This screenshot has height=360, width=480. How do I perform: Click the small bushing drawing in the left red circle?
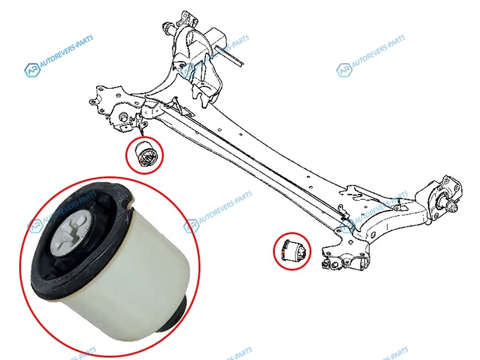pos(145,154)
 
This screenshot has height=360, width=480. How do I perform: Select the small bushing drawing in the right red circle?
pos(292,250)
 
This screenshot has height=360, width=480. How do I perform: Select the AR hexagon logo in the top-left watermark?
pos(32,70)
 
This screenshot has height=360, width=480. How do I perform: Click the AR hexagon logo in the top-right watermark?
pos(344,70)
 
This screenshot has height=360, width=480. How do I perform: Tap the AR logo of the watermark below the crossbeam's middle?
pos(191,226)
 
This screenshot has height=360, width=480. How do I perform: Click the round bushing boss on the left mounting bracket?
pos(123,116)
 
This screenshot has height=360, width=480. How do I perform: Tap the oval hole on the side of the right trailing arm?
pos(373,235)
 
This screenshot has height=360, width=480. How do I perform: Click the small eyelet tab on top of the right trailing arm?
pos(397,208)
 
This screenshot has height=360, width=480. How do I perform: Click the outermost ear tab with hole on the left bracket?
pos(92,101)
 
